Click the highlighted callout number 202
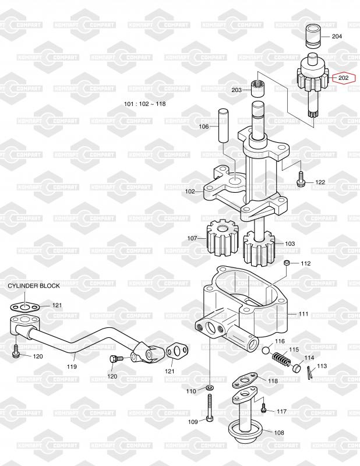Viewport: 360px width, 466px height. [343, 78]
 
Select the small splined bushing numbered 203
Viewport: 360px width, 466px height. [258, 89]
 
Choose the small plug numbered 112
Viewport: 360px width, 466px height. [287, 263]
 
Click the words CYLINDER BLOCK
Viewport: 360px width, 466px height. [34, 285]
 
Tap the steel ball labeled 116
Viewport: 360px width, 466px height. [266, 351]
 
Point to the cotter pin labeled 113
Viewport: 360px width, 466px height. [309, 373]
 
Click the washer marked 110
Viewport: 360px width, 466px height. [210, 388]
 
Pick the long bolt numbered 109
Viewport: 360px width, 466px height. [210, 408]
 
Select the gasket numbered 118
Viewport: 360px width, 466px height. [244, 380]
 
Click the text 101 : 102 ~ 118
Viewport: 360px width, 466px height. [145, 104]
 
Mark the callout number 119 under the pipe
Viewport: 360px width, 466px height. [72, 366]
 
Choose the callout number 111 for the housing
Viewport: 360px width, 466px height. [303, 313]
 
